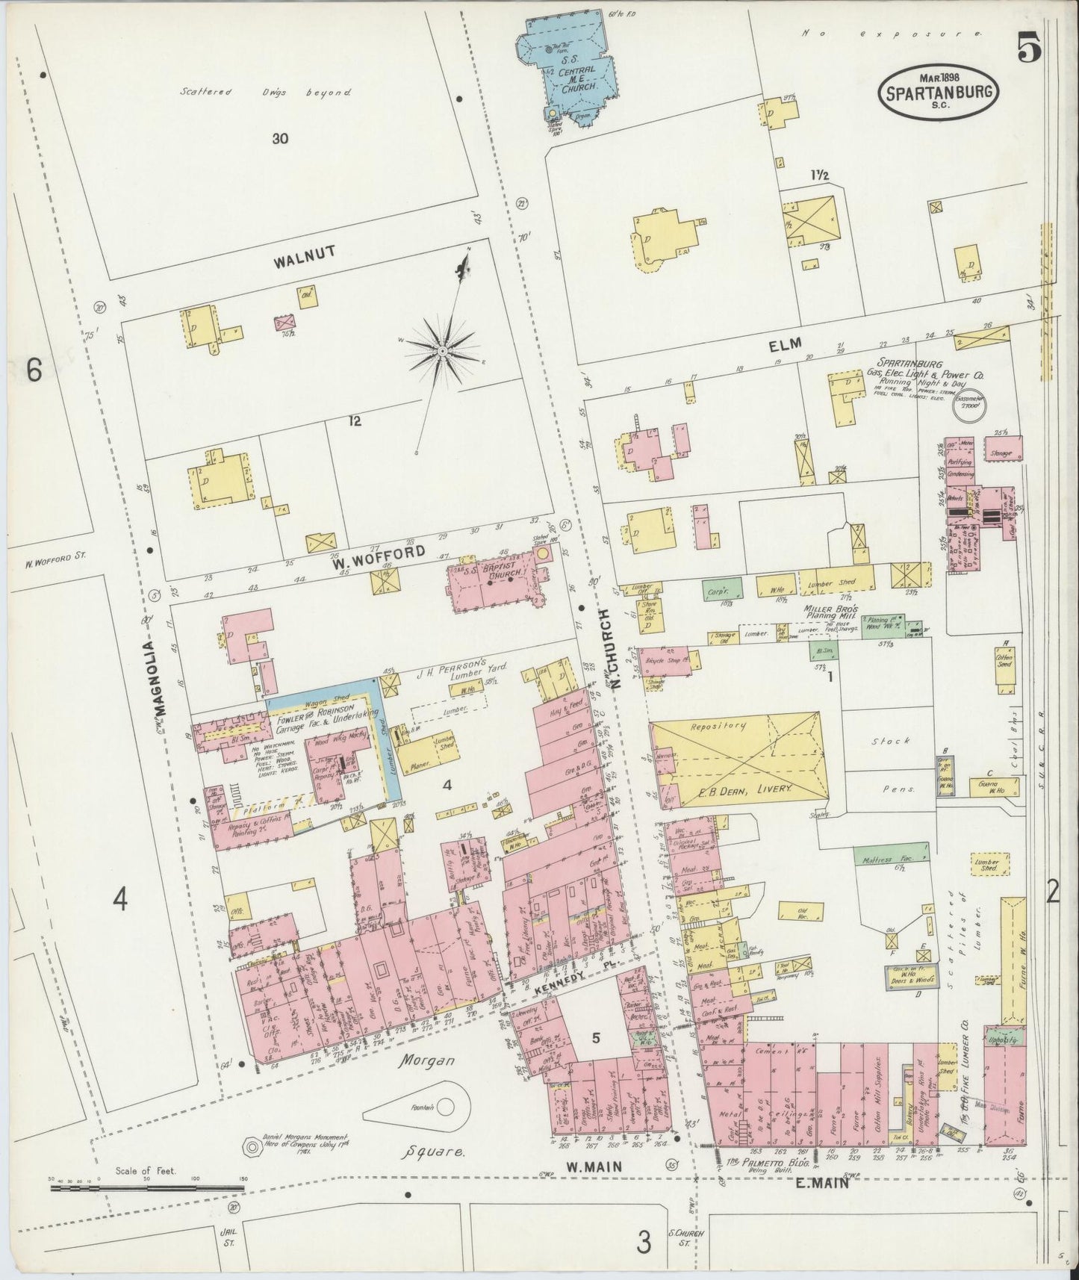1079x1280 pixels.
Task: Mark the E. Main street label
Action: point(819,1181)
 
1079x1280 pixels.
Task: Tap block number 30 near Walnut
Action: point(280,138)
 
